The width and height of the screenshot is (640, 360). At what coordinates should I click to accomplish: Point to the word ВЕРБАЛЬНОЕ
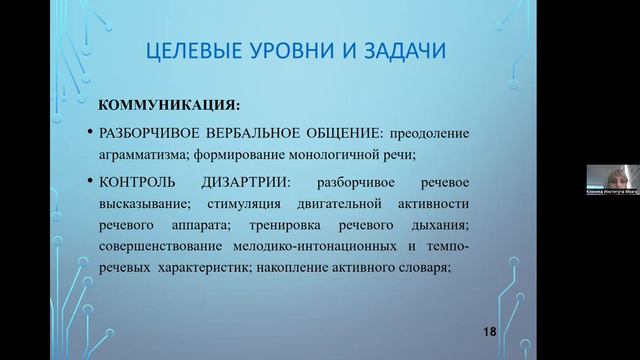(255, 133)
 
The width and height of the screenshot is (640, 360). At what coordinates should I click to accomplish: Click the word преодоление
(427, 133)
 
